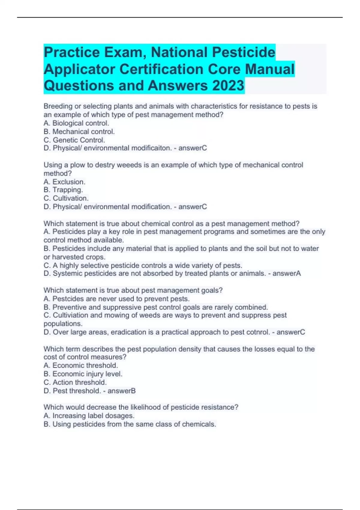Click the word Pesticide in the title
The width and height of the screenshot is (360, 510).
244,52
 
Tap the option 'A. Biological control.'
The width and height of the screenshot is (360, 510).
76,123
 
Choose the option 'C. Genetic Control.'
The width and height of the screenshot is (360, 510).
74,140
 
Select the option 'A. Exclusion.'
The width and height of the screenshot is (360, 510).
64,182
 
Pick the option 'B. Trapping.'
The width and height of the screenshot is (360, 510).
63,190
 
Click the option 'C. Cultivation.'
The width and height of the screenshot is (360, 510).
66,198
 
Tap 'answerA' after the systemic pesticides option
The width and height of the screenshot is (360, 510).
286,273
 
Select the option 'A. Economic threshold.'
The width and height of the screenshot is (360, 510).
81,365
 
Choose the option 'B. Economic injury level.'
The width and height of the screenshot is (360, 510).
83,374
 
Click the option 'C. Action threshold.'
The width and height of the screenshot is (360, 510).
75,382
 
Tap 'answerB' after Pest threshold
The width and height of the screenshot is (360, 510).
121,391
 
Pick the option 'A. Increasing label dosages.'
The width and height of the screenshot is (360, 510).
89,415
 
